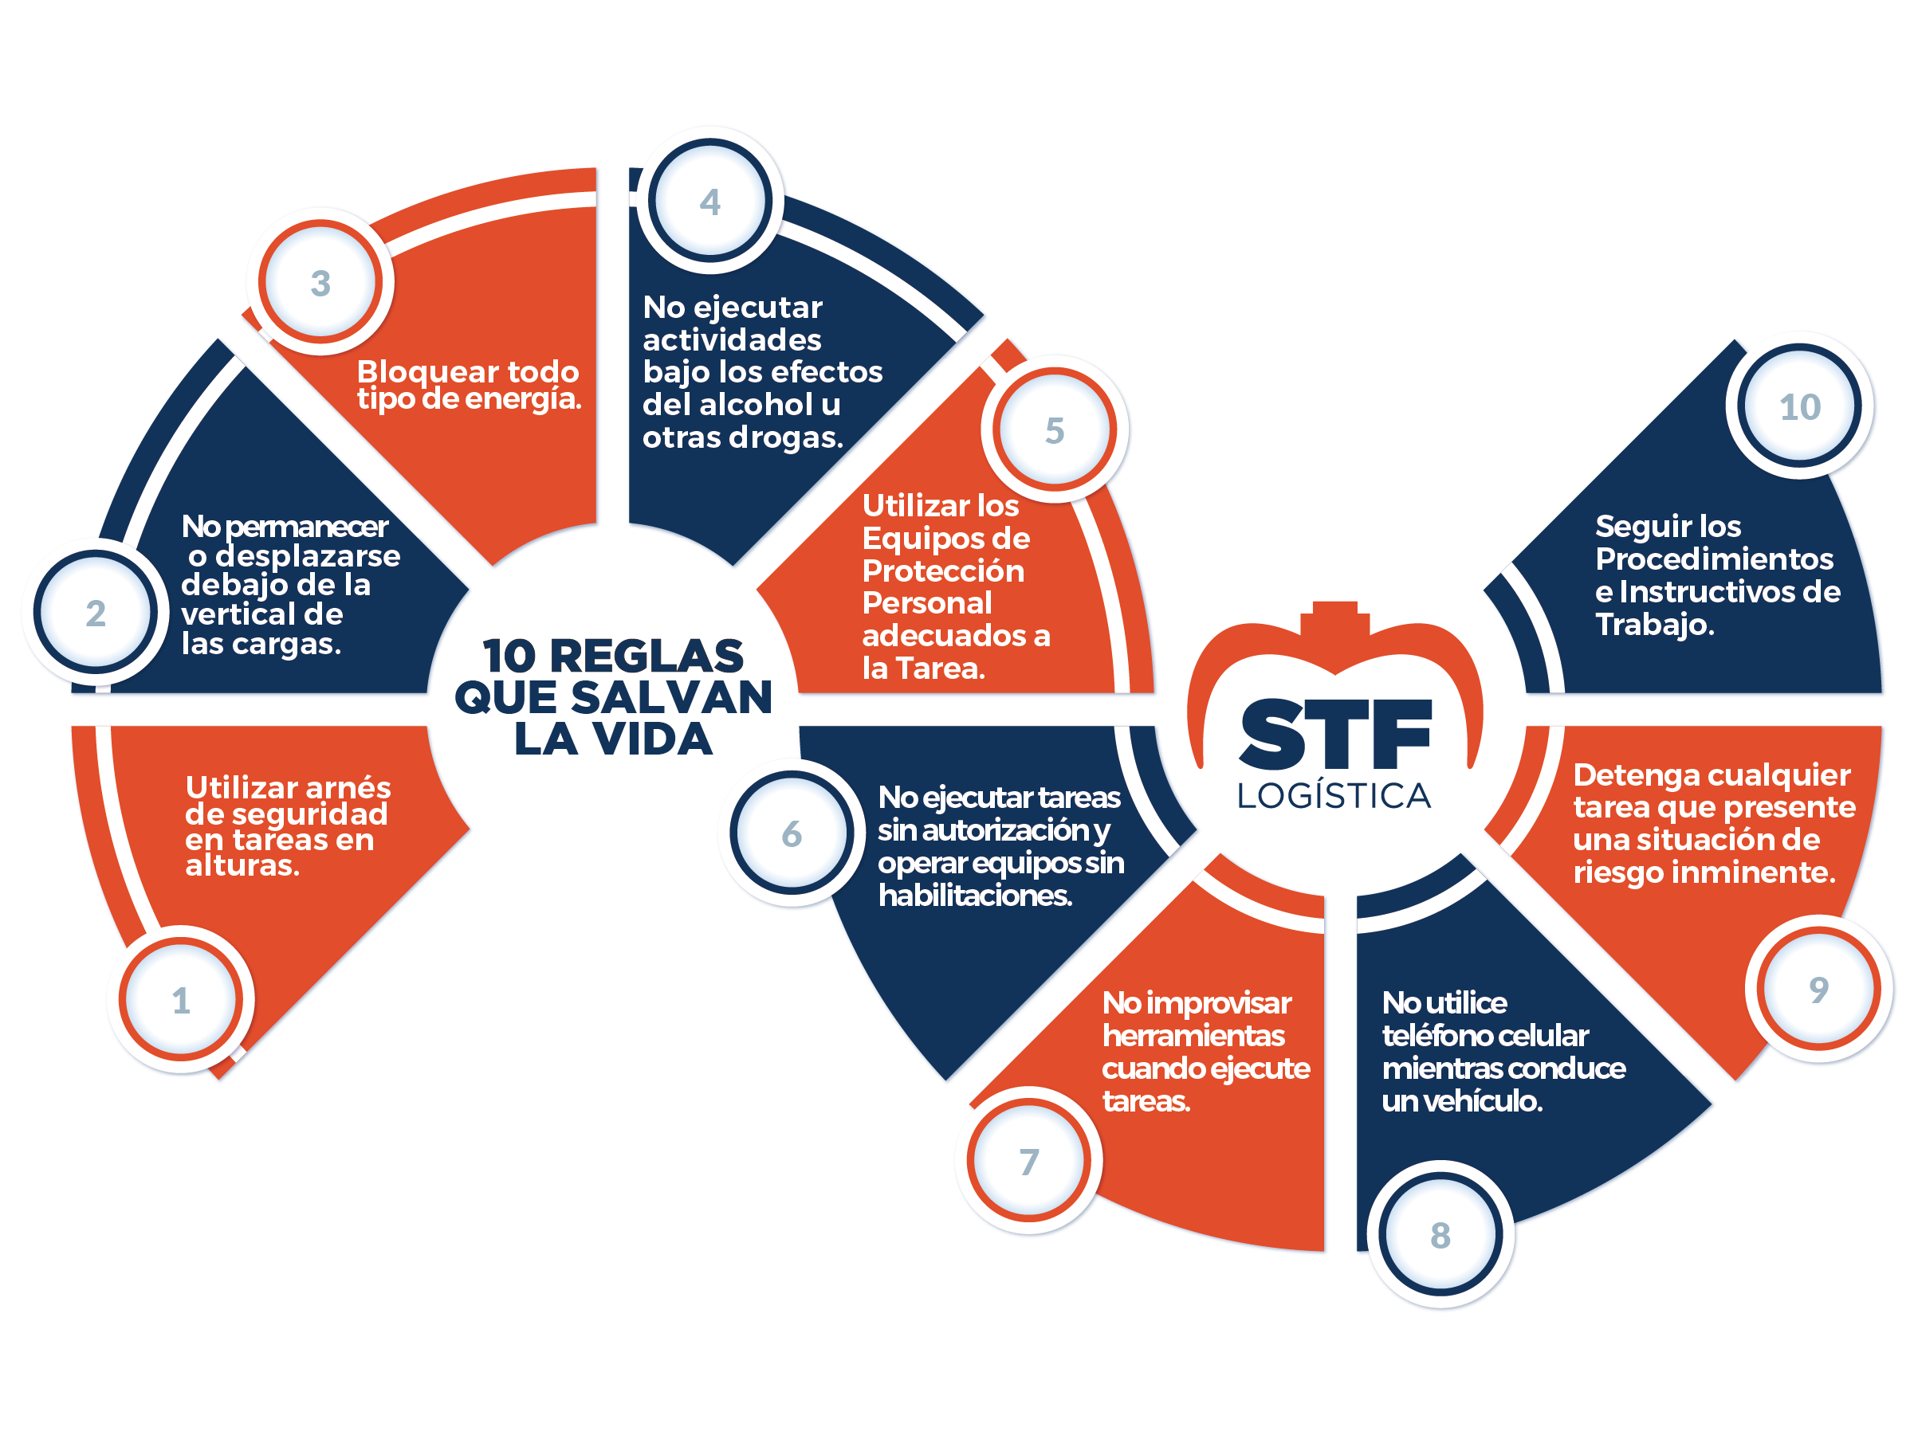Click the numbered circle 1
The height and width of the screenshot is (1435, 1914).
pyautogui.click(x=181, y=999)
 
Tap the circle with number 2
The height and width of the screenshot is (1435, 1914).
pyautogui.click(x=95, y=613)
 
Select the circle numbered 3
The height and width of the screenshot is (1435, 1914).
pyautogui.click(x=320, y=282)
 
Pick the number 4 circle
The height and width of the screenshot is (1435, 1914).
pyautogui.click(x=709, y=201)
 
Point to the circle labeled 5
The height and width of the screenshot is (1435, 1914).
pyautogui.click(x=1054, y=429)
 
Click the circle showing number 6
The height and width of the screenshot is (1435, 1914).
pyautogui.click(x=792, y=833)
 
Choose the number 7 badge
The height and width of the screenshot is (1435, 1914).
pyautogui.click(x=1028, y=1161)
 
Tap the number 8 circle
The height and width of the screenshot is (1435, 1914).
pyautogui.click(x=1440, y=1234)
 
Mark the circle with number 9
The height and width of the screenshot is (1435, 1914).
pyautogui.click(x=1819, y=989)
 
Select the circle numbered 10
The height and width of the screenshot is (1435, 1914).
pyautogui.click(x=1800, y=406)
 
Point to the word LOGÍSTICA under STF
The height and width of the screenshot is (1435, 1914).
pyautogui.click(x=1334, y=794)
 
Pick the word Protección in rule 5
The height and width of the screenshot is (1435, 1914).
pyautogui.click(x=943, y=570)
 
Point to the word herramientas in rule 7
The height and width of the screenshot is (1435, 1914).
pyautogui.click(x=1193, y=1035)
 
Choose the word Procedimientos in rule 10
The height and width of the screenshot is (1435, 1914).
pyautogui.click(x=1714, y=559)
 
